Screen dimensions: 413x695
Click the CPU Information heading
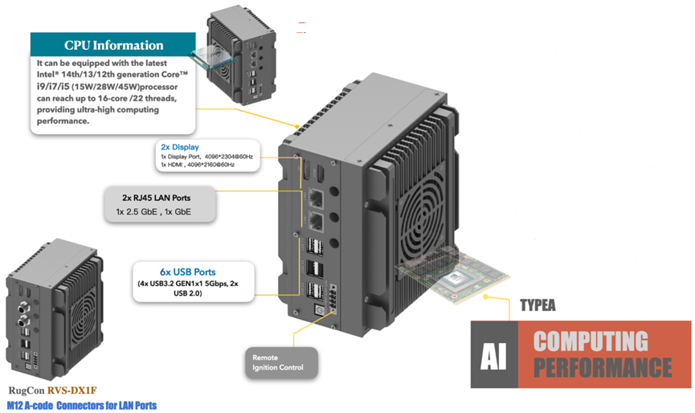pyautogui.click(x=113, y=45)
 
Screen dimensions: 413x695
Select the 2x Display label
pyautogui.click(x=179, y=147)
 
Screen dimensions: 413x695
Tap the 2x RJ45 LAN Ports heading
pyautogui.click(x=156, y=198)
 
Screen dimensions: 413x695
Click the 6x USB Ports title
pyautogui.click(x=187, y=272)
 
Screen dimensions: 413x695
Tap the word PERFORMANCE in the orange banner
pyautogui.click(x=603, y=370)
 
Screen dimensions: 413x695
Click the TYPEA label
pyautogui.click(x=538, y=305)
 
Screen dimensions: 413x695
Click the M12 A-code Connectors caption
pyautogui.click(x=81, y=407)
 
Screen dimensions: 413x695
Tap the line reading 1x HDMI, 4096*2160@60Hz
pyautogui.click(x=196, y=165)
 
